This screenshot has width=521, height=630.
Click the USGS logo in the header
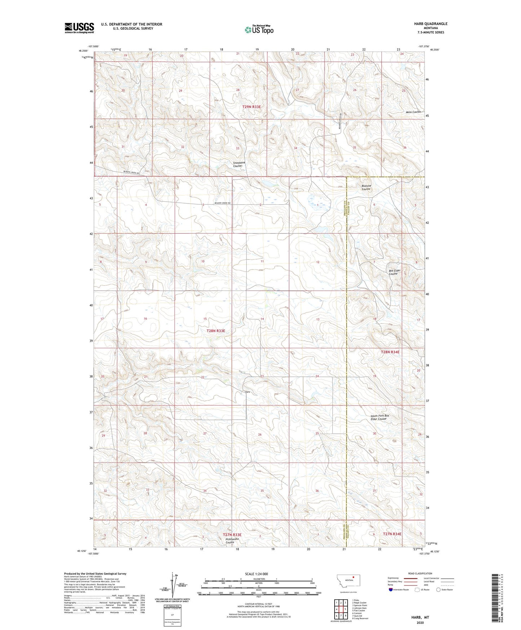(79, 28)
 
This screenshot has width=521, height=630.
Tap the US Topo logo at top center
(259, 30)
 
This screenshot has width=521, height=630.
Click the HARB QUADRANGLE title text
(431, 24)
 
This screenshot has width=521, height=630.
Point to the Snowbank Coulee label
(239, 164)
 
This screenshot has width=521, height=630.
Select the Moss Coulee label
(413, 112)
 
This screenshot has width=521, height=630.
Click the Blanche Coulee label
(366, 187)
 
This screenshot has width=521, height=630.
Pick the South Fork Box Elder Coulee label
(380, 417)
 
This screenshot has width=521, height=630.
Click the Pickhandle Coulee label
(232, 541)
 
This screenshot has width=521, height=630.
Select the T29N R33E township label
(251, 107)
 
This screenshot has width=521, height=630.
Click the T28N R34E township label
(390, 352)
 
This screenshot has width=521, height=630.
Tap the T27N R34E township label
(392, 534)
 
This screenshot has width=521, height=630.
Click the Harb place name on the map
(247, 392)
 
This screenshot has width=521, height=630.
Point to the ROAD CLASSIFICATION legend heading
(420, 573)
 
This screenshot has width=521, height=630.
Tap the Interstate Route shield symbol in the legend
(391, 590)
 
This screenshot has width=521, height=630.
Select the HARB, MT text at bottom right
(420, 617)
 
